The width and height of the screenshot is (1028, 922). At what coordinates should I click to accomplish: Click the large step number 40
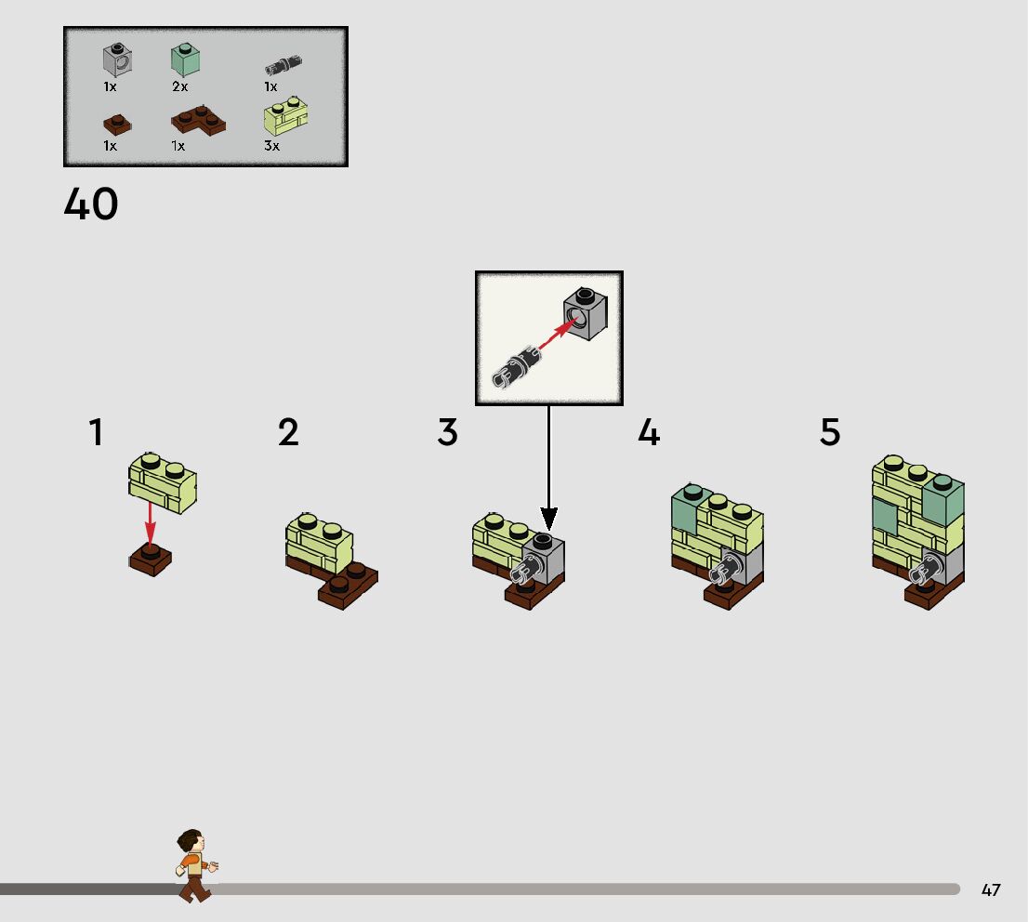pyautogui.click(x=91, y=204)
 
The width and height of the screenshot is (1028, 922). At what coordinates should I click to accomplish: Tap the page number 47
pyautogui.click(x=991, y=889)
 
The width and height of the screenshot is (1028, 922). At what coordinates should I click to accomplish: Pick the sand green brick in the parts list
pyautogui.click(x=186, y=60)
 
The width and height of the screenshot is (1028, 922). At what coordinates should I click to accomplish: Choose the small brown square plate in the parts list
pyautogui.click(x=115, y=121)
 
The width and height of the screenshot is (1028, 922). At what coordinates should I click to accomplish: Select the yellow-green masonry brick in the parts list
pyautogui.click(x=287, y=118)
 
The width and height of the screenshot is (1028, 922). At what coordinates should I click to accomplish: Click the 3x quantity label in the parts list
pyautogui.click(x=271, y=146)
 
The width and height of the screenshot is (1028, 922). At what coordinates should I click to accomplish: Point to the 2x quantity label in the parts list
pyautogui.click(x=179, y=86)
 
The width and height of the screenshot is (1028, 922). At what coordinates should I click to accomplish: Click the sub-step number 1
pyautogui.click(x=96, y=433)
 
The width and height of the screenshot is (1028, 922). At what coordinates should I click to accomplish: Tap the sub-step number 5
pyautogui.click(x=830, y=433)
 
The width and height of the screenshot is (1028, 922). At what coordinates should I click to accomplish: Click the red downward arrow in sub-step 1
pyautogui.click(x=150, y=525)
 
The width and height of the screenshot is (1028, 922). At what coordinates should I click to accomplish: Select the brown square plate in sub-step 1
pyautogui.click(x=150, y=560)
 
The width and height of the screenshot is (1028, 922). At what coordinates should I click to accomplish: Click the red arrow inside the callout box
pyautogui.click(x=553, y=339)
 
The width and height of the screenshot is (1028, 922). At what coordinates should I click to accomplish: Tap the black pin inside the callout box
pyautogui.click(x=514, y=368)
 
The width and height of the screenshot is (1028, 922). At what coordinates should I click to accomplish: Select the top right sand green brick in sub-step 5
pyautogui.click(x=942, y=500)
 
